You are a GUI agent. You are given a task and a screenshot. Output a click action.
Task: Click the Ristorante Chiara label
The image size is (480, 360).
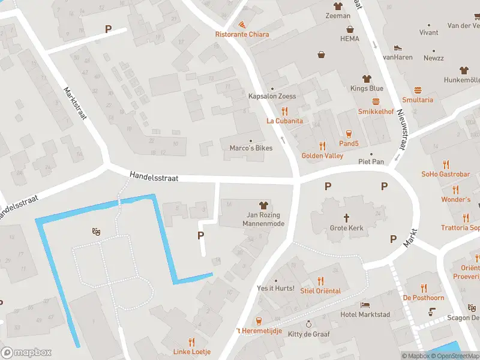242,34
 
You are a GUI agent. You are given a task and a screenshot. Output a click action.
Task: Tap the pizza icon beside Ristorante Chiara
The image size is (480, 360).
242,25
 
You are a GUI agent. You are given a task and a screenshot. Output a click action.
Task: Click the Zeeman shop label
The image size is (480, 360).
338,16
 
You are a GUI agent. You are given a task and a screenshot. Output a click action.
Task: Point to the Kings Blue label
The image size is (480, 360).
367,88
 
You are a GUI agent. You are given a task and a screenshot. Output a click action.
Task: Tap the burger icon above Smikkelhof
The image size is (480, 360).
376,101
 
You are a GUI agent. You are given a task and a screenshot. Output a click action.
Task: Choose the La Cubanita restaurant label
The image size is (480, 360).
284,121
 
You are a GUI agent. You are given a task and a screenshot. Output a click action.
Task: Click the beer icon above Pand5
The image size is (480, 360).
349,133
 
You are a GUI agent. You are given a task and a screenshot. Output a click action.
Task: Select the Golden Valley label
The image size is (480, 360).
322,155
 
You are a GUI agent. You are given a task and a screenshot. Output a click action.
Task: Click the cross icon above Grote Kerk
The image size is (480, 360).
347,217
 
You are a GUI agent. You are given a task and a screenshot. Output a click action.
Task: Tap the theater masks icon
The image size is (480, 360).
95,231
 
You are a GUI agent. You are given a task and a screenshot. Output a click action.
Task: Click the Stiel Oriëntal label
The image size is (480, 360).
320,291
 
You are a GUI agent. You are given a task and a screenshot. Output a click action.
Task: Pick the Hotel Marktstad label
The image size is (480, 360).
365,315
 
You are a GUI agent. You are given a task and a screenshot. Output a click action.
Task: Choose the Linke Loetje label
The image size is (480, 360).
191,352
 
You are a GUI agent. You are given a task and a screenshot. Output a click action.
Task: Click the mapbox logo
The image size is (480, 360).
26,353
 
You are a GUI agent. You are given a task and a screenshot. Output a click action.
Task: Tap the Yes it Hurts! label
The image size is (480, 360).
275,289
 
